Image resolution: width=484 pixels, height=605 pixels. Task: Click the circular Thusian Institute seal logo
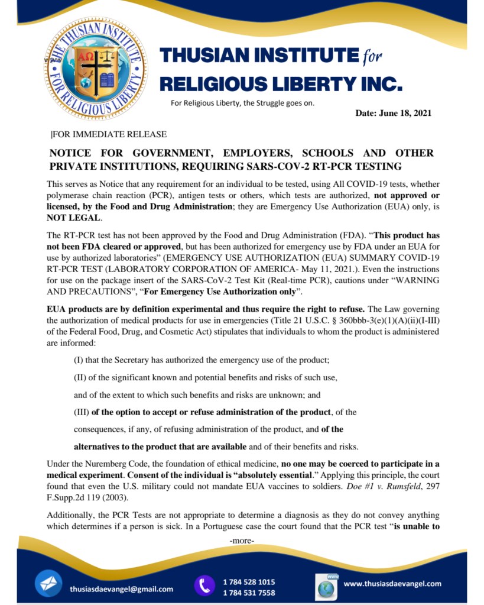coord(95,69)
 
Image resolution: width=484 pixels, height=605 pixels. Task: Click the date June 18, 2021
coord(393,113)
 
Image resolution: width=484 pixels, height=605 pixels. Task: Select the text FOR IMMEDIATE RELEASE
coord(109,134)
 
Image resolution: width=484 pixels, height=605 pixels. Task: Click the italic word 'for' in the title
coord(371,57)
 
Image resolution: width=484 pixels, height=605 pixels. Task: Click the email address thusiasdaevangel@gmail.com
coord(121,588)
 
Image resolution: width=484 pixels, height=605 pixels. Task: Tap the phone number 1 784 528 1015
coord(249,581)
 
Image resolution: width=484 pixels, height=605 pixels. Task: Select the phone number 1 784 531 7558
coord(249,593)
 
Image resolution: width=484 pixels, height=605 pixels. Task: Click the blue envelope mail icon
coord(48,584)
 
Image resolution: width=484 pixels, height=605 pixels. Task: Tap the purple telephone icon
coord(204,585)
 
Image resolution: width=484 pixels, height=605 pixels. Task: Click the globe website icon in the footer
coord(326,587)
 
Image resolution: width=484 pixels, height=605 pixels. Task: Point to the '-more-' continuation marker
coord(241,541)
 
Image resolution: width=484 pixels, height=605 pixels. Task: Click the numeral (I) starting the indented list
coord(78,360)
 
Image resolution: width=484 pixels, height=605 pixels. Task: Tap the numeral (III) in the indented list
coord(82,412)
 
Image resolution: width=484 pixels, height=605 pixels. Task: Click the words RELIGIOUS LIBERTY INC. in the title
coord(281,83)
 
